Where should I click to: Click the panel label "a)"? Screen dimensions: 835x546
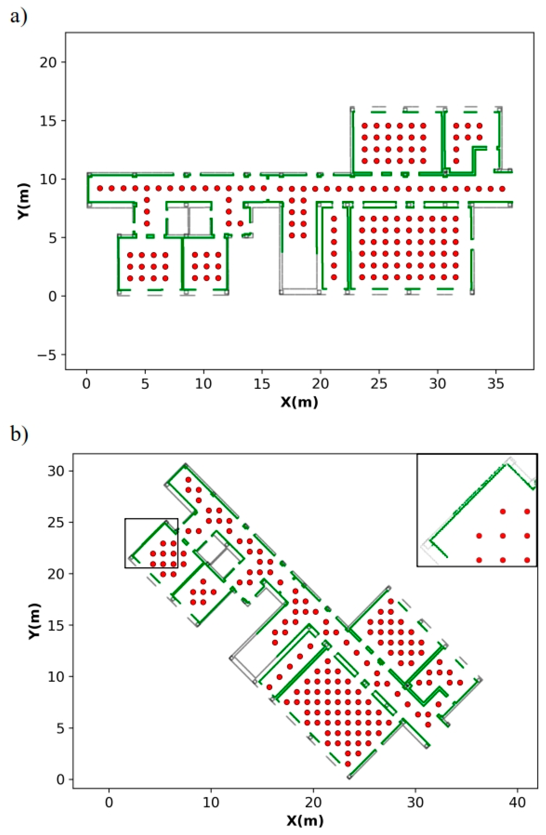18,17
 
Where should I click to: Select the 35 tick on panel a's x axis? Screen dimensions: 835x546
496,384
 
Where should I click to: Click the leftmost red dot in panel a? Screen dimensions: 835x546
100,188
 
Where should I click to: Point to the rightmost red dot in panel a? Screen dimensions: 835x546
502,189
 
